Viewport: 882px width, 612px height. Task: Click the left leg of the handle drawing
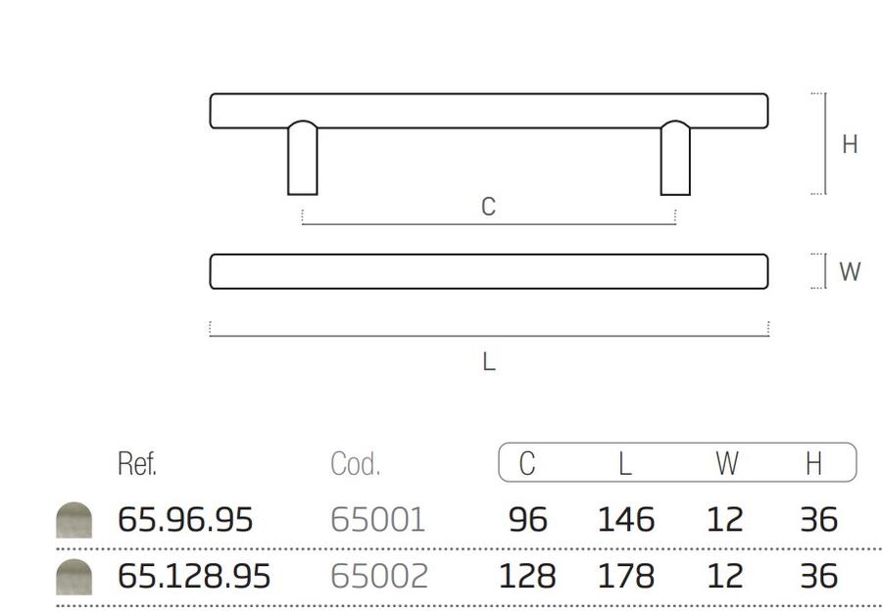point(303,158)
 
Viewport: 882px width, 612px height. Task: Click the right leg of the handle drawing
point(675,158)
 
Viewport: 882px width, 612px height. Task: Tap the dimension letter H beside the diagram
point(850,144)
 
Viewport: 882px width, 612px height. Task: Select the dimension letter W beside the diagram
point(850,271)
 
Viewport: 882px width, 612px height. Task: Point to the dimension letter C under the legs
point(488,207)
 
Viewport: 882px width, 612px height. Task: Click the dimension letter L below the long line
point(489,361)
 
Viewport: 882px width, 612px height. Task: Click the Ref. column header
point(136,463)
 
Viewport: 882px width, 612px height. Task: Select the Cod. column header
point(355,464)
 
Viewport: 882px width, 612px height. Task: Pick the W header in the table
point(727,463)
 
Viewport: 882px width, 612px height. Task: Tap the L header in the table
point(625,463)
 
